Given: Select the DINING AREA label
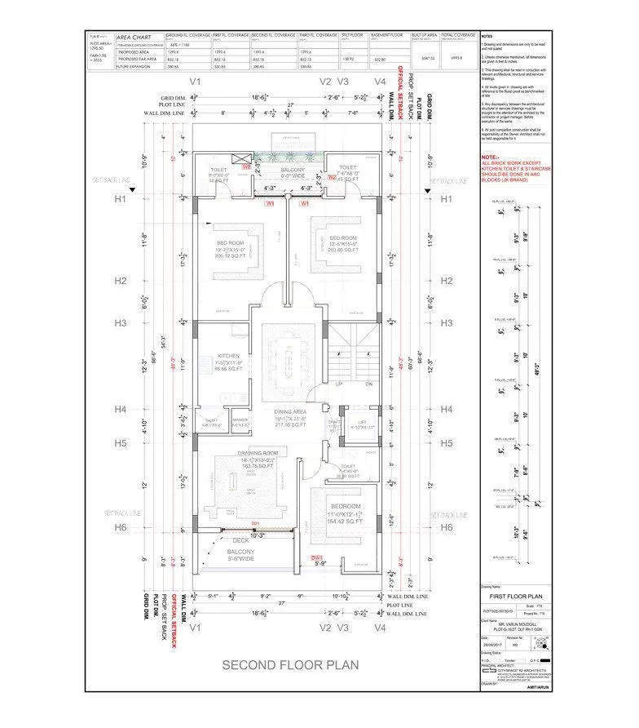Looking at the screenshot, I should (x=289, y=412).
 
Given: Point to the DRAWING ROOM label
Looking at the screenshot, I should (x=258, y=453).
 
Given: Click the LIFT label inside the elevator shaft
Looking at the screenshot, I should (x=360, y=421).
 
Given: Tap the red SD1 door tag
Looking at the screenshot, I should (x=255, y=522).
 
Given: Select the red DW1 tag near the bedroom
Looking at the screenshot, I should (x=319, y=557).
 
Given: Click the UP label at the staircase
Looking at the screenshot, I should (x=338, y=383).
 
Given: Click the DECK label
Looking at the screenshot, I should (x=241, y=540).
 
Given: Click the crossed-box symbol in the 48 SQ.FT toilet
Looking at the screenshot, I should (x=238, y=159).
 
